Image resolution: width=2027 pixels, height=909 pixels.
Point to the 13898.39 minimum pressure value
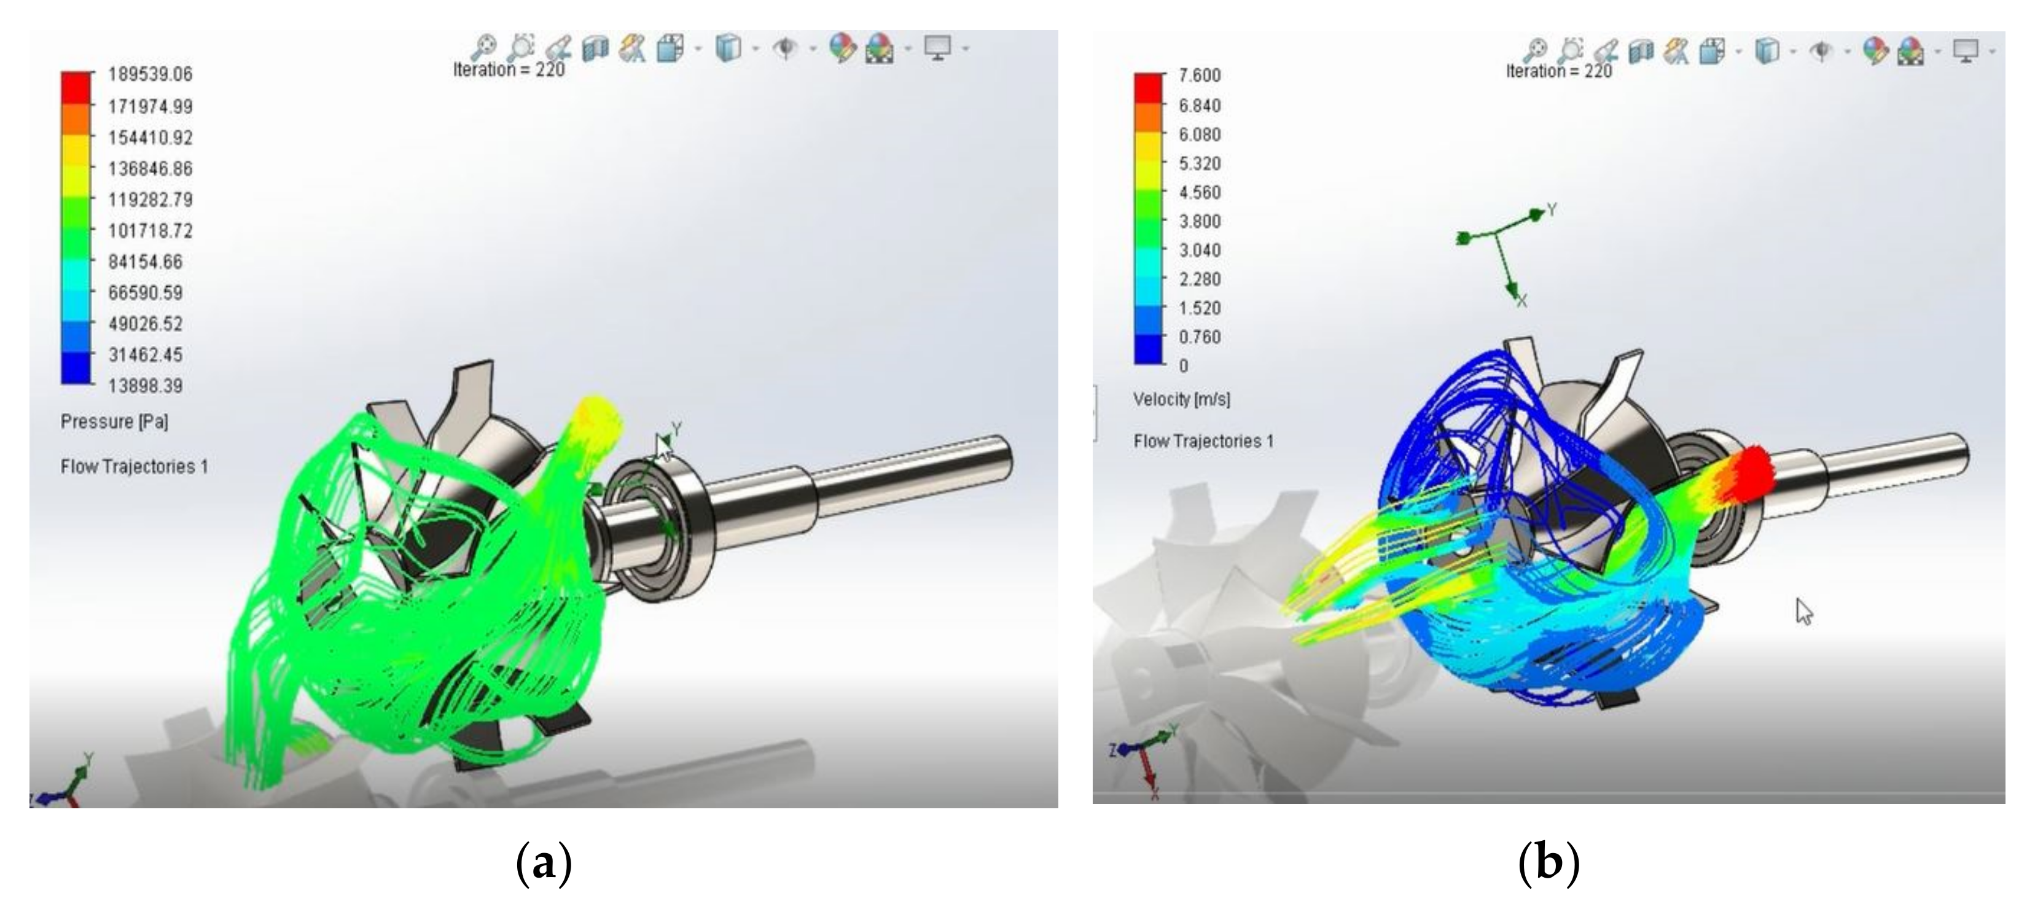[146, 386]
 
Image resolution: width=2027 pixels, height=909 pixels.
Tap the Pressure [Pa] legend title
[115, 422]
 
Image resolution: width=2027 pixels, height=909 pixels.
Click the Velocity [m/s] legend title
[1182, 400]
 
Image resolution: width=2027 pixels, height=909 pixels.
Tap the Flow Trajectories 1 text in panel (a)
[135, 467]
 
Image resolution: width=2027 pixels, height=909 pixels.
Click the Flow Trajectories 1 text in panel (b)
[1203, 442]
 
